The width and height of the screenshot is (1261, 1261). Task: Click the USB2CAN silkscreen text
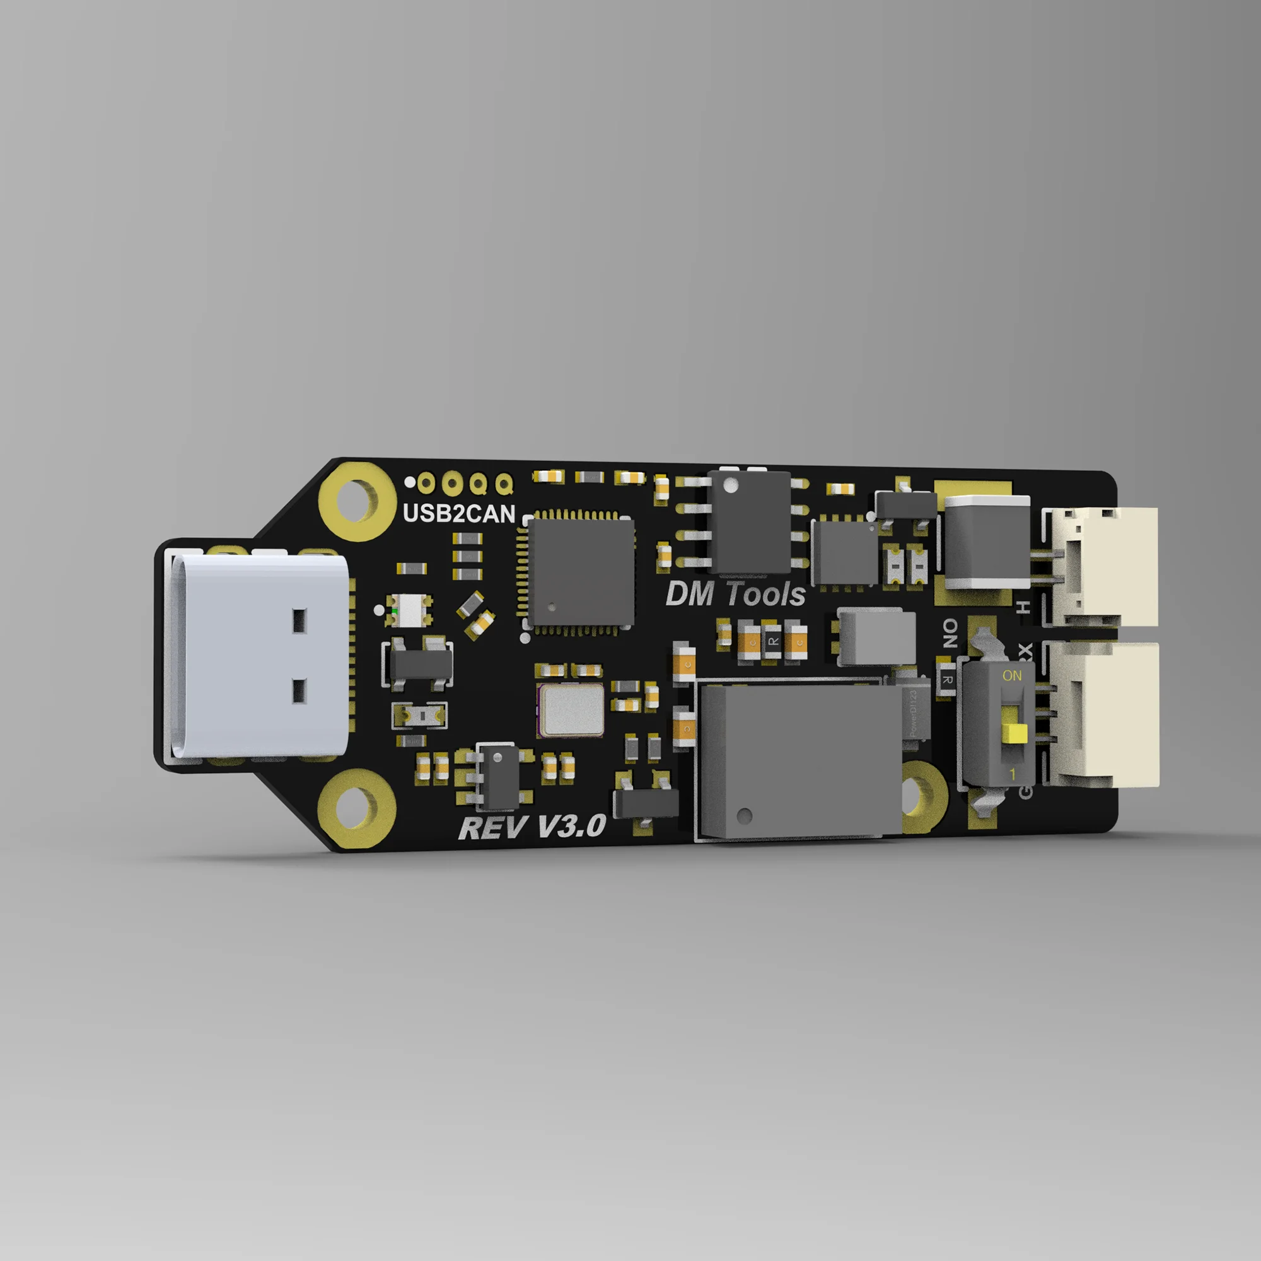[x=459, y=514]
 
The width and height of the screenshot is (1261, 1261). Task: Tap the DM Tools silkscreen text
[x=735, y=595]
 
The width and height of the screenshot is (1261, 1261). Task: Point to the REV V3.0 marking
[x=532, y=828]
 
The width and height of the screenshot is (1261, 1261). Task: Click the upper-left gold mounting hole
[x=357, y=501]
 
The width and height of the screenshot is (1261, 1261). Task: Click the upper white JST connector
[x=1103, y=567]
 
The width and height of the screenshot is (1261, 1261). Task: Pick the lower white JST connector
[x=1107, y=715]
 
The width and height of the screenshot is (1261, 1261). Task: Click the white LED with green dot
[x=410, y=610]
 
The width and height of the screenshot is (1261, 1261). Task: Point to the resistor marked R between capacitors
[x=773, y=642]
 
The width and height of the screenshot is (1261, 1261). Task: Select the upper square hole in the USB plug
[x=299, y=620]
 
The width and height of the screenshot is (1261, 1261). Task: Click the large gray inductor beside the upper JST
[x=985, y=542]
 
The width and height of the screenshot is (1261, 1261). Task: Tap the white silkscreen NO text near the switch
[x=950, y=633]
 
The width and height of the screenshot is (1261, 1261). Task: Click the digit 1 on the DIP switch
[x=1013, y=775]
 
